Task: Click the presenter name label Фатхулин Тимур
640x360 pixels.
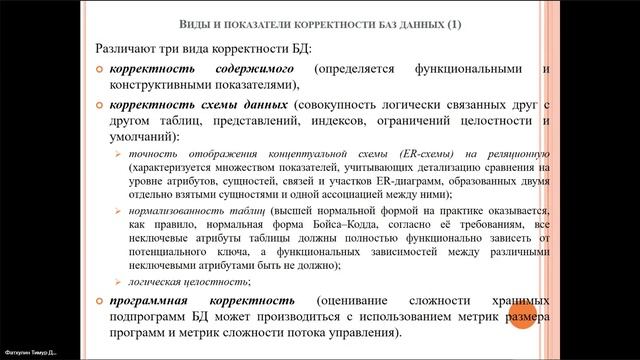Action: pos(30,353)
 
